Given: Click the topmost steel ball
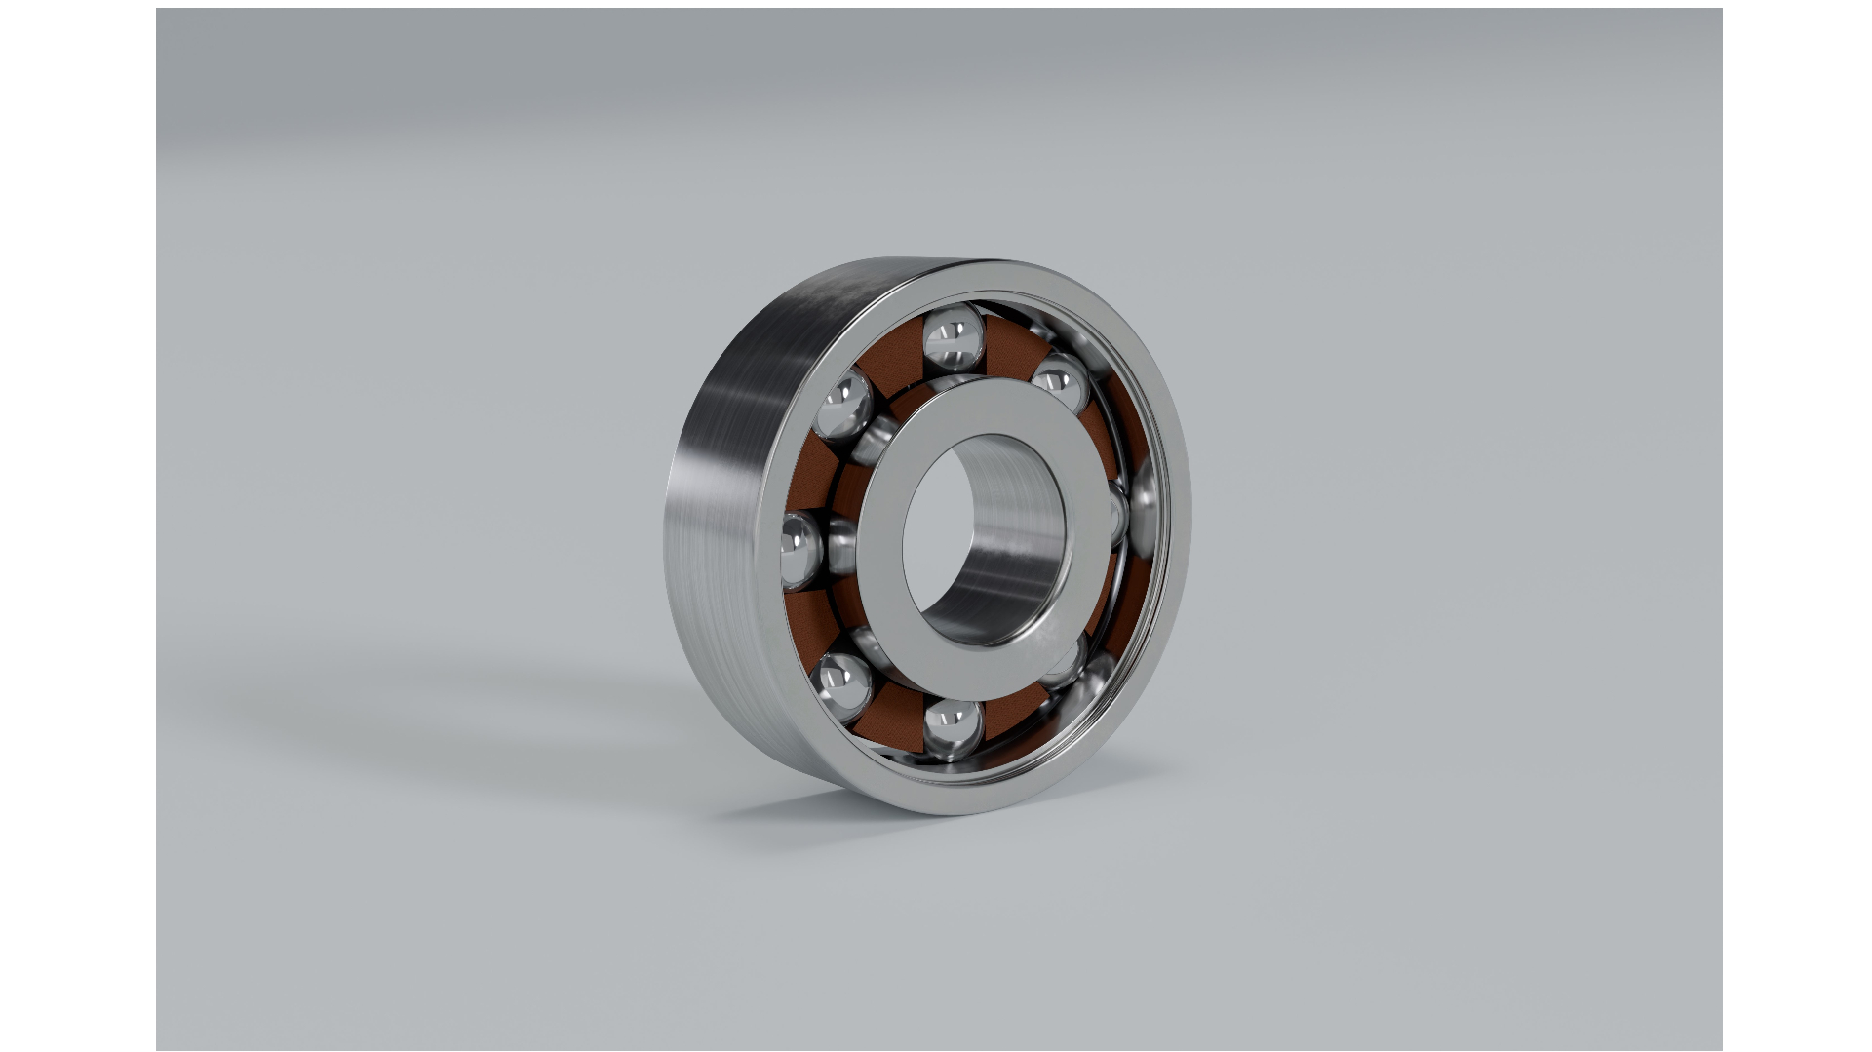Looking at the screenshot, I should (953, 337).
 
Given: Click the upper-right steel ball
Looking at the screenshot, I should (1061, 382).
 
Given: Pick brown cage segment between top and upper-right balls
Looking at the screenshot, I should (1014, 347).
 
